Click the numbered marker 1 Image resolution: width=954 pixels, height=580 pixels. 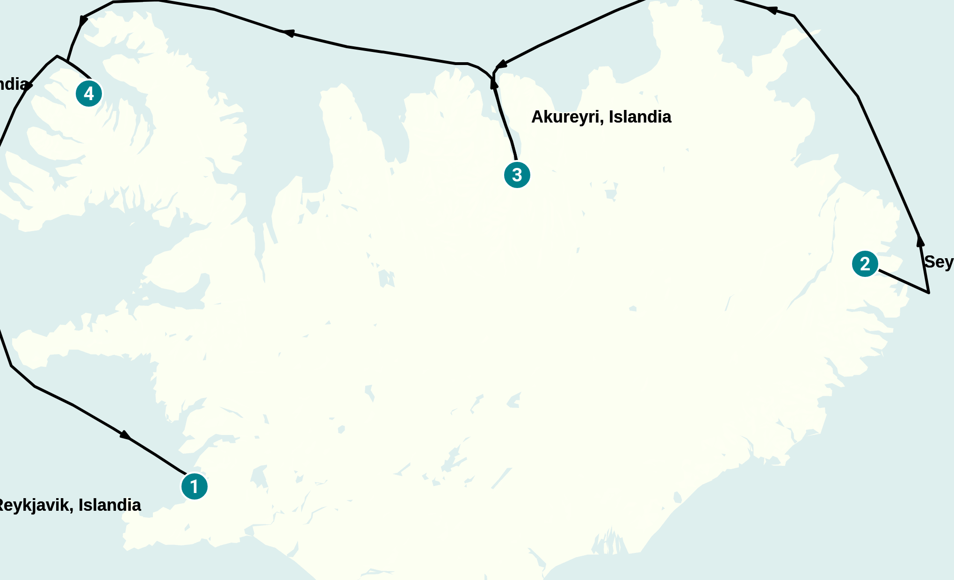point(194,486)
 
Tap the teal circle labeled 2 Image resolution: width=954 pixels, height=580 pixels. point(865,264)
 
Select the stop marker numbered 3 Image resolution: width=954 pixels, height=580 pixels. point(517,175)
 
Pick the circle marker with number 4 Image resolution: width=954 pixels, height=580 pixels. point(89,94)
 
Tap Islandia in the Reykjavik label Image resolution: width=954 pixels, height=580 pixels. point(109,505)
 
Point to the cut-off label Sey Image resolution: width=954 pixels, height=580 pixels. point(938,262)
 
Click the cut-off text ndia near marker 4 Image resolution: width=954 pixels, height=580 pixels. point(13,84)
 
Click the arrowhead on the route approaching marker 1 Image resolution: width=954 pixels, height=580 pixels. point(125,435)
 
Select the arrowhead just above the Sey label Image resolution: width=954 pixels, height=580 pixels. point(920,241)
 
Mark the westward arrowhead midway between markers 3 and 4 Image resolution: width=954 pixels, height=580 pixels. point(288,33)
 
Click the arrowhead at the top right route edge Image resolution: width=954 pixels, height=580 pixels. point(772,10)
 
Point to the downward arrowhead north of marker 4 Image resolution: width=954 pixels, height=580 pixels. point(83,21)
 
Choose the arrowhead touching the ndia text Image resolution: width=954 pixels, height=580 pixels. point(29,86)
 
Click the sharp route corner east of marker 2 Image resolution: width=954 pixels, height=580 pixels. point(928,293)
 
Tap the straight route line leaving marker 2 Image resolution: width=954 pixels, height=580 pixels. point(903,281)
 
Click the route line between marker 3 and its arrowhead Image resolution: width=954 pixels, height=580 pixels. point(505,122)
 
